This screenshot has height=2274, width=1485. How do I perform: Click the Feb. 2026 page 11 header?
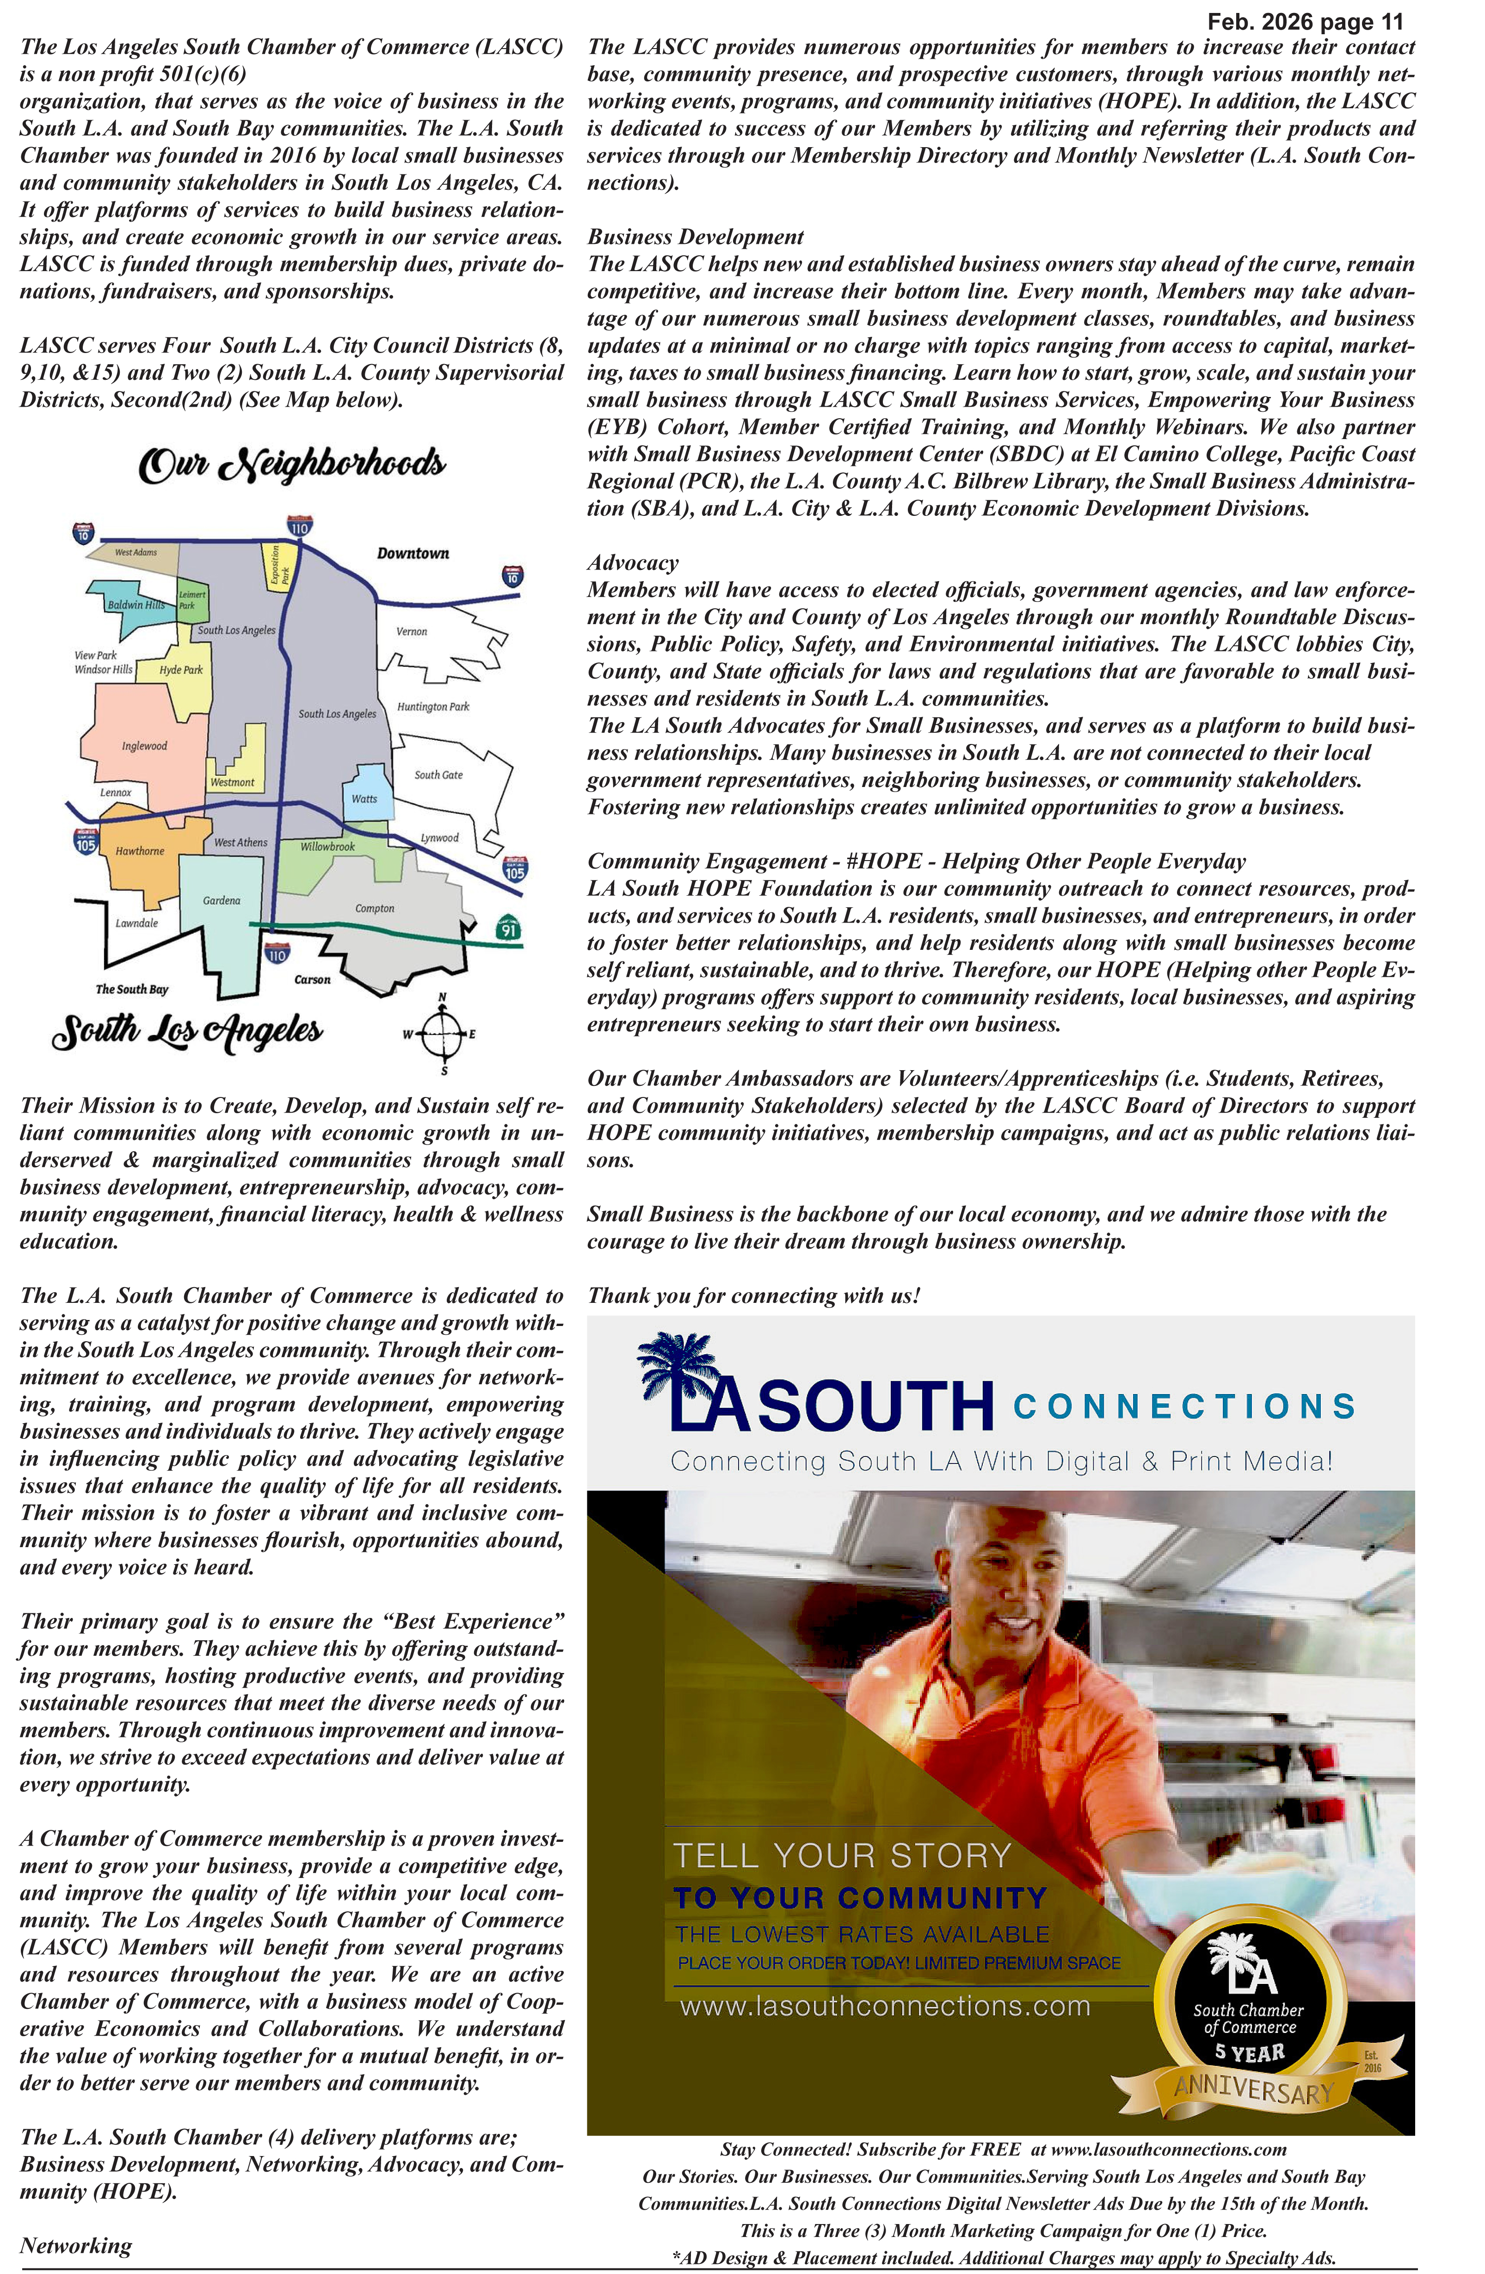point(1305,22)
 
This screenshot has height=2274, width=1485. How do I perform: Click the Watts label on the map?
point(364,799)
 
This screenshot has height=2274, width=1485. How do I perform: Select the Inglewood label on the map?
point(144,746)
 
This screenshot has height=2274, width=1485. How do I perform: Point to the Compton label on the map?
point(374,909)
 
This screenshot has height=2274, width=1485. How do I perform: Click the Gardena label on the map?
point(222,901)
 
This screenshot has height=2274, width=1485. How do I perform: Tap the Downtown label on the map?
point(413,553)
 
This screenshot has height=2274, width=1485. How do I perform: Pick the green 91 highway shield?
point(509,928)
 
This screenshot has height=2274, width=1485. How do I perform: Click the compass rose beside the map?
point(442,1034)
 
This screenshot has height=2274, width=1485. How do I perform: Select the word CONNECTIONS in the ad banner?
point(1184,1407)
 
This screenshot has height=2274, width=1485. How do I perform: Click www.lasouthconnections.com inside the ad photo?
point(884,2007)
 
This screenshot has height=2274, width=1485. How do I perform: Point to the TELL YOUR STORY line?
point(842,1855)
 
